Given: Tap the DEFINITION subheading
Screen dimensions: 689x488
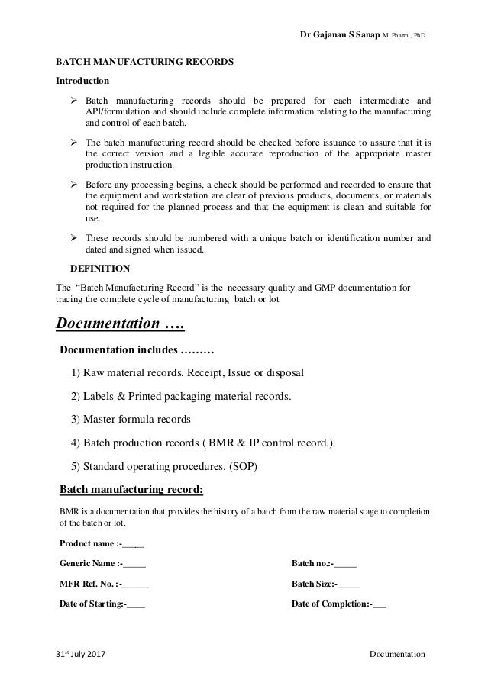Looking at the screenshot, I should coord(100,269).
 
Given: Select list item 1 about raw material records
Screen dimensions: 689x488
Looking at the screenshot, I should coord(187,374).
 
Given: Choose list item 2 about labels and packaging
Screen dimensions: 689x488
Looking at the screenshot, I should coord(180,397).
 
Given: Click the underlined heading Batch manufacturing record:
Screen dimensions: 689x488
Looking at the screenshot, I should coord(131,488).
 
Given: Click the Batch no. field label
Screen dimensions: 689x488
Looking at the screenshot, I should coord(324,564).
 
